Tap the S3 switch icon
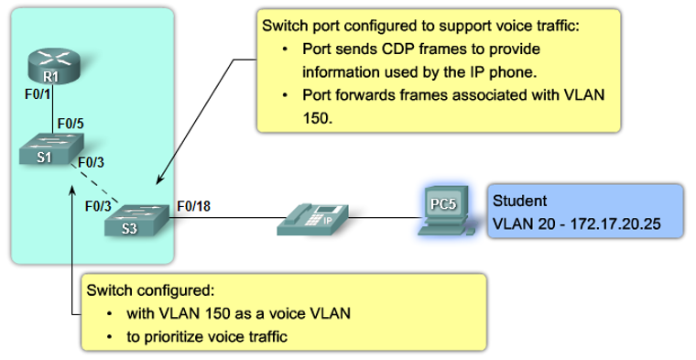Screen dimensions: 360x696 135,219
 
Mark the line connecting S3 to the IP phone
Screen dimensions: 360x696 224,218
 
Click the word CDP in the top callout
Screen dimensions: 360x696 379,47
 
